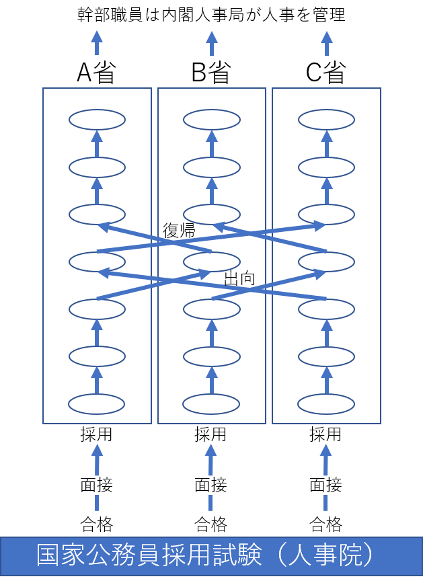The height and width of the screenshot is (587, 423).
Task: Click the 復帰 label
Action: coord(180,231)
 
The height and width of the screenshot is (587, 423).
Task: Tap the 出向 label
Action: coord(239,278)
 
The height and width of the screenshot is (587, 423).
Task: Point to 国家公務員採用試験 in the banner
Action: coord(149,556)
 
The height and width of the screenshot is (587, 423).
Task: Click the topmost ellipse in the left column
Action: coord(97,120)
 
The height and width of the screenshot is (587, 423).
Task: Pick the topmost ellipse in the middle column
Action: coord(212,120)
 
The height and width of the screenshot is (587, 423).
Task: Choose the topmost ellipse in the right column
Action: coord(326,120)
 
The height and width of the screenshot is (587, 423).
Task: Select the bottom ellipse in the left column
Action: coord(97,404)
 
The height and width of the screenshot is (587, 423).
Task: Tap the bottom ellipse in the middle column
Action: coord(211,404)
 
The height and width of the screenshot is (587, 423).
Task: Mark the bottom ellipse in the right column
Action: coord(326,404)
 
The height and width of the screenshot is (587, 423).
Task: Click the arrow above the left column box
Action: coord(97,42)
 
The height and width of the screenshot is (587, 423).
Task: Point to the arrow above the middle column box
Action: coord(212,42)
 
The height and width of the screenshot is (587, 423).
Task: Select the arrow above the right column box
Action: coord(327,42)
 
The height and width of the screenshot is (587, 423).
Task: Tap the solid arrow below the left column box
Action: coord(97,460)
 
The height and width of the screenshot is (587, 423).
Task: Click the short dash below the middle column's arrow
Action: coord(210,502)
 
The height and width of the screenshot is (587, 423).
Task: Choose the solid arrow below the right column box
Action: coord(326,460)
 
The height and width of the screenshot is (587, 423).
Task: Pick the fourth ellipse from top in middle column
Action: coord(212,262)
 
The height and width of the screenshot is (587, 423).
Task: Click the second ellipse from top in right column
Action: coord(326,167)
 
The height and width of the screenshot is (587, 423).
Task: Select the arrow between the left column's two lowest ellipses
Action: coord(97,380)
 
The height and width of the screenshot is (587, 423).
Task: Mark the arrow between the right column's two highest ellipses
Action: coord(326,143)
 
